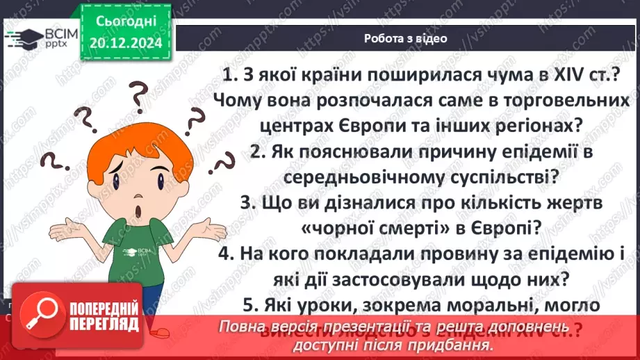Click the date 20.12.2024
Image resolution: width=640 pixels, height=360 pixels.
coord(126,42)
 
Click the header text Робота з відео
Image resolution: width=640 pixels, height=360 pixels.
coord(405,38)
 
